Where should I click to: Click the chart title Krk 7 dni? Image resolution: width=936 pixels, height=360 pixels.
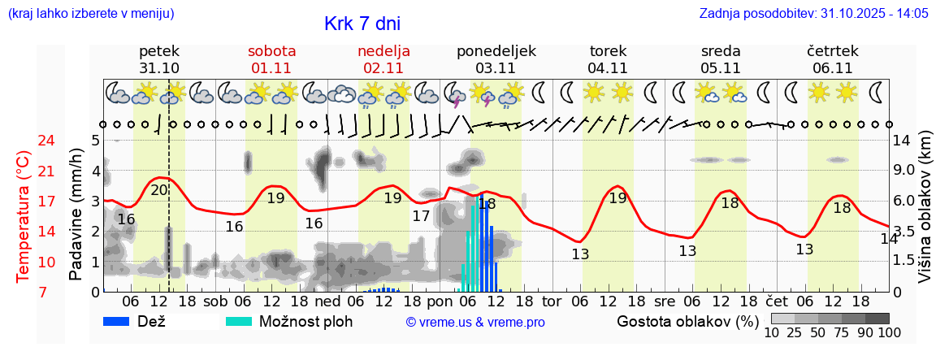pyautogui.click(x=362, y=24)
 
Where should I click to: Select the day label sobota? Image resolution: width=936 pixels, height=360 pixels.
pyautogui.click(x=271, y=51)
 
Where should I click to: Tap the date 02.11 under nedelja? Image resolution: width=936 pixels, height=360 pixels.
pyautogui.click(x=383, y=68)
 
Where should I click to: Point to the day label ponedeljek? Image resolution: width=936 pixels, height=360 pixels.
pyautogui.click(x=496, y=51)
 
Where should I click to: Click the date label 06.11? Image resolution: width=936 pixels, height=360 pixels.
pyautogui.click(x=832, y=68)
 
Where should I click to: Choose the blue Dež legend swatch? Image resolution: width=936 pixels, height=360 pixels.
pyautogui.click(x=122, y=321)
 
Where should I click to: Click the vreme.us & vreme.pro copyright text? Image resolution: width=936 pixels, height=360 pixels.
pyautogui.click(x=475, y=323)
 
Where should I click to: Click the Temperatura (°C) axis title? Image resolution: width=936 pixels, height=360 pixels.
pyautogui.click(x=24, y=216)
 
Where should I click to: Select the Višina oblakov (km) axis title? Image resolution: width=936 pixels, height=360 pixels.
pyautogui.click(x=925, y=216)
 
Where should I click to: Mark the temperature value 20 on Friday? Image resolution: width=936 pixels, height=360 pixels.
pyautogui.click(x=159, y=190)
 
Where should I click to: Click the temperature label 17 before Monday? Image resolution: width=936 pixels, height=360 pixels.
pyautogui.click(x=420, y=216)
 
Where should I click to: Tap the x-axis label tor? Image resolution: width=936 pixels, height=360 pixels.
pyautogui.click(x=552, y=301)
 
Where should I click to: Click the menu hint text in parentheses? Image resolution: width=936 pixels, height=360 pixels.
pyautogui.click(x=90, y=13)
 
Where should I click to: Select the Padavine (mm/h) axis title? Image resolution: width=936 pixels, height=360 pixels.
pyautogui.click(x=76, y=215)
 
